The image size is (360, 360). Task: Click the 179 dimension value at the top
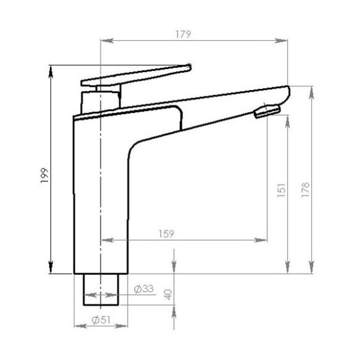click(x=181, y=35)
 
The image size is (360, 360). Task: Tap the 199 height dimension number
click(x=43, y=177)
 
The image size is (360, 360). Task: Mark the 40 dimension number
click(x=168, y=294)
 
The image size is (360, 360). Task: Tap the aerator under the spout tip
click(x=266, y=111)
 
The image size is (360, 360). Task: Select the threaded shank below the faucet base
click(x=100, y=289)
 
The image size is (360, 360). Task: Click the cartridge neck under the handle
click(x=99, y=99)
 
